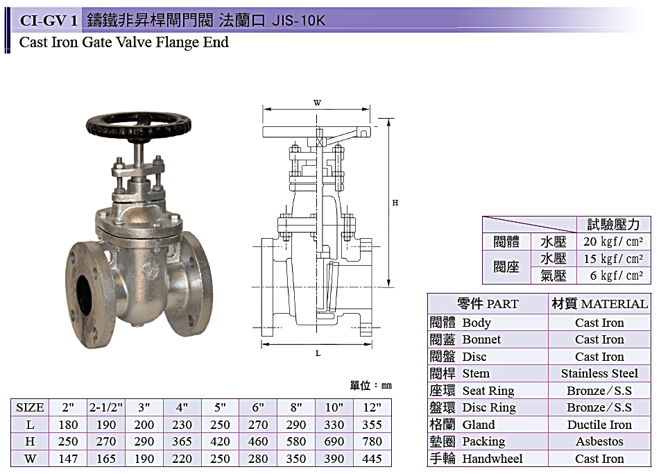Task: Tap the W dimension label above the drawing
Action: (x=318, y=103)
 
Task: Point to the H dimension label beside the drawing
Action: (x=395, y=203)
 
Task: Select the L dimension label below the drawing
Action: (x=318, y=353)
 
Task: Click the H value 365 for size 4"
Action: (x=182, y=441)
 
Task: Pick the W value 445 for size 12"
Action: (x=372, y=459)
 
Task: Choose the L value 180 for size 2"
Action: (x=68, y=425)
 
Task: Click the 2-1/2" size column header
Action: (x=106, y=407)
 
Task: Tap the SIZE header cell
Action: (x=30, y=407)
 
